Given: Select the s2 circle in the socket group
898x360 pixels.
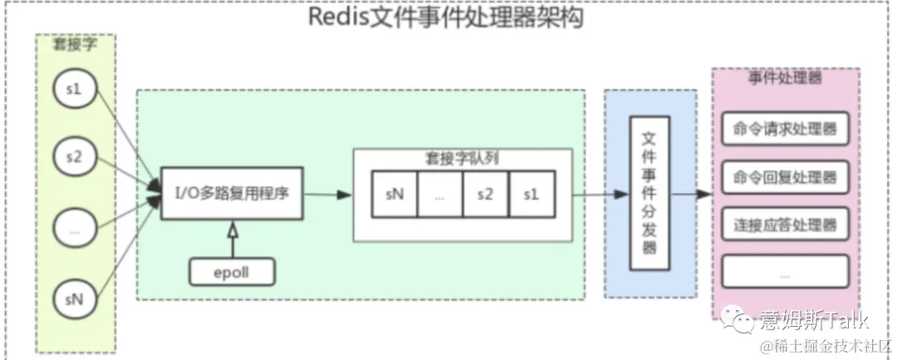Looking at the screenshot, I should click(x=74, y=158).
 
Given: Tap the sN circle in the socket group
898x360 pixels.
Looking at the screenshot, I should click(x=74, y=298).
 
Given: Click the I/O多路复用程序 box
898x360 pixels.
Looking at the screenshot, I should click(x=230, y=194).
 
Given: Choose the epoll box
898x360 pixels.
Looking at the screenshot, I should click(x=232, y=271).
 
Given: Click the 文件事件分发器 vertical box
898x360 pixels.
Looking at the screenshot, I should click(x=649, y=192).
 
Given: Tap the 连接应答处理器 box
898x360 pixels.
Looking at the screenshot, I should click(x=785, y=224).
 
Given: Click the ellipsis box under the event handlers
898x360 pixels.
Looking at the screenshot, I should click(x=785, y=271).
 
